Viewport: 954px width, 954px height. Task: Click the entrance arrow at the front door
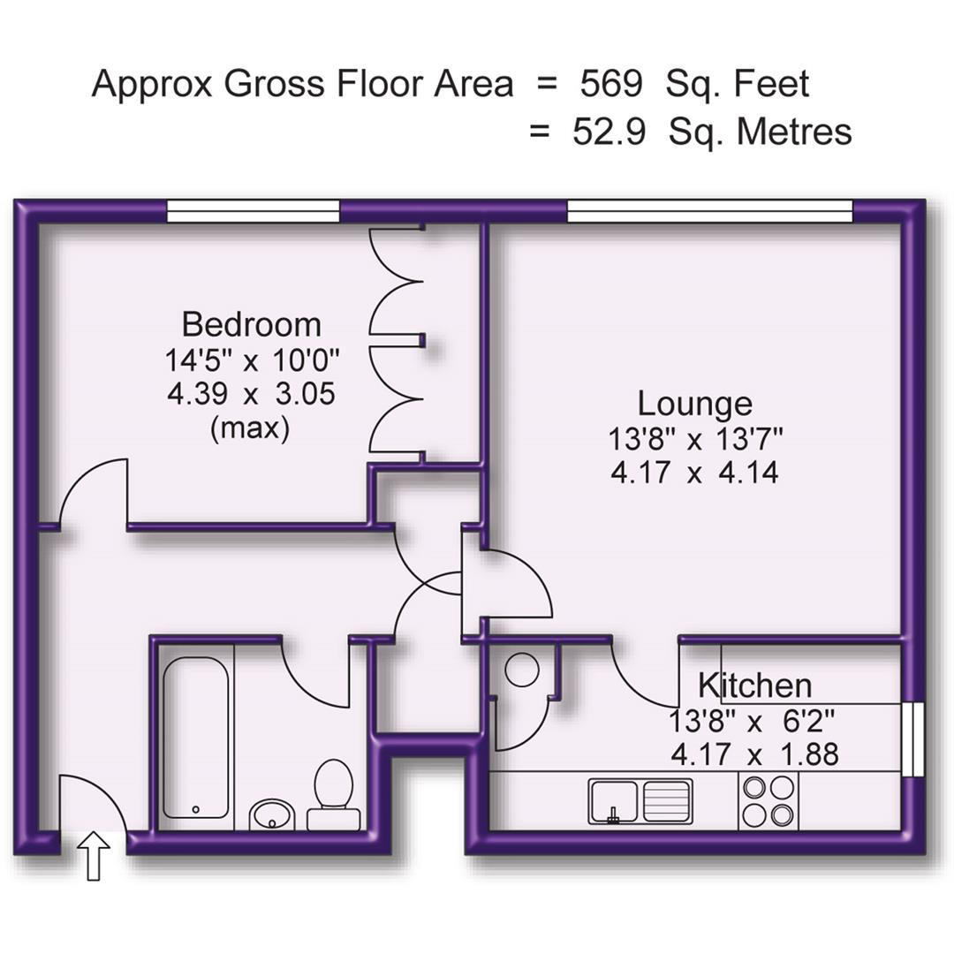(x=95, y=856)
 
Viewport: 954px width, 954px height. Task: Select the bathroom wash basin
(x=271, y=814)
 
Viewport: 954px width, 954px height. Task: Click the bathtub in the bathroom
(x=196, y=738)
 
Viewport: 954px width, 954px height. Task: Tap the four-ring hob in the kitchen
(x=768, y=800)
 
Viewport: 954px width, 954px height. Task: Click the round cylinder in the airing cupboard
(x=523, y=670)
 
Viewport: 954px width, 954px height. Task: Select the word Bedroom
(x=251, y=324)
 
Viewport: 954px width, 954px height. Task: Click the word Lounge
(x=695, y=404)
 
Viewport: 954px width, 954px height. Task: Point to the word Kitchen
(x=754, y=685)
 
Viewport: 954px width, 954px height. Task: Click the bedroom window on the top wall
(x=254, y=211)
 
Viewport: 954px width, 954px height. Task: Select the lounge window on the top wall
(x=709, y=211)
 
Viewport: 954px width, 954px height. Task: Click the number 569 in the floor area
(x=610, y=84)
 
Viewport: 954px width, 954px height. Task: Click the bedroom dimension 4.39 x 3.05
(x=251, y=393)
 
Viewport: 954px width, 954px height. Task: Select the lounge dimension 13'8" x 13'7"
(x=695, y=438)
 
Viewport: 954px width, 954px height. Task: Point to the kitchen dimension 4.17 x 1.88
(x=754, y=755)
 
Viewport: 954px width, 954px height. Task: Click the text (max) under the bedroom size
(x=250, y=428)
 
